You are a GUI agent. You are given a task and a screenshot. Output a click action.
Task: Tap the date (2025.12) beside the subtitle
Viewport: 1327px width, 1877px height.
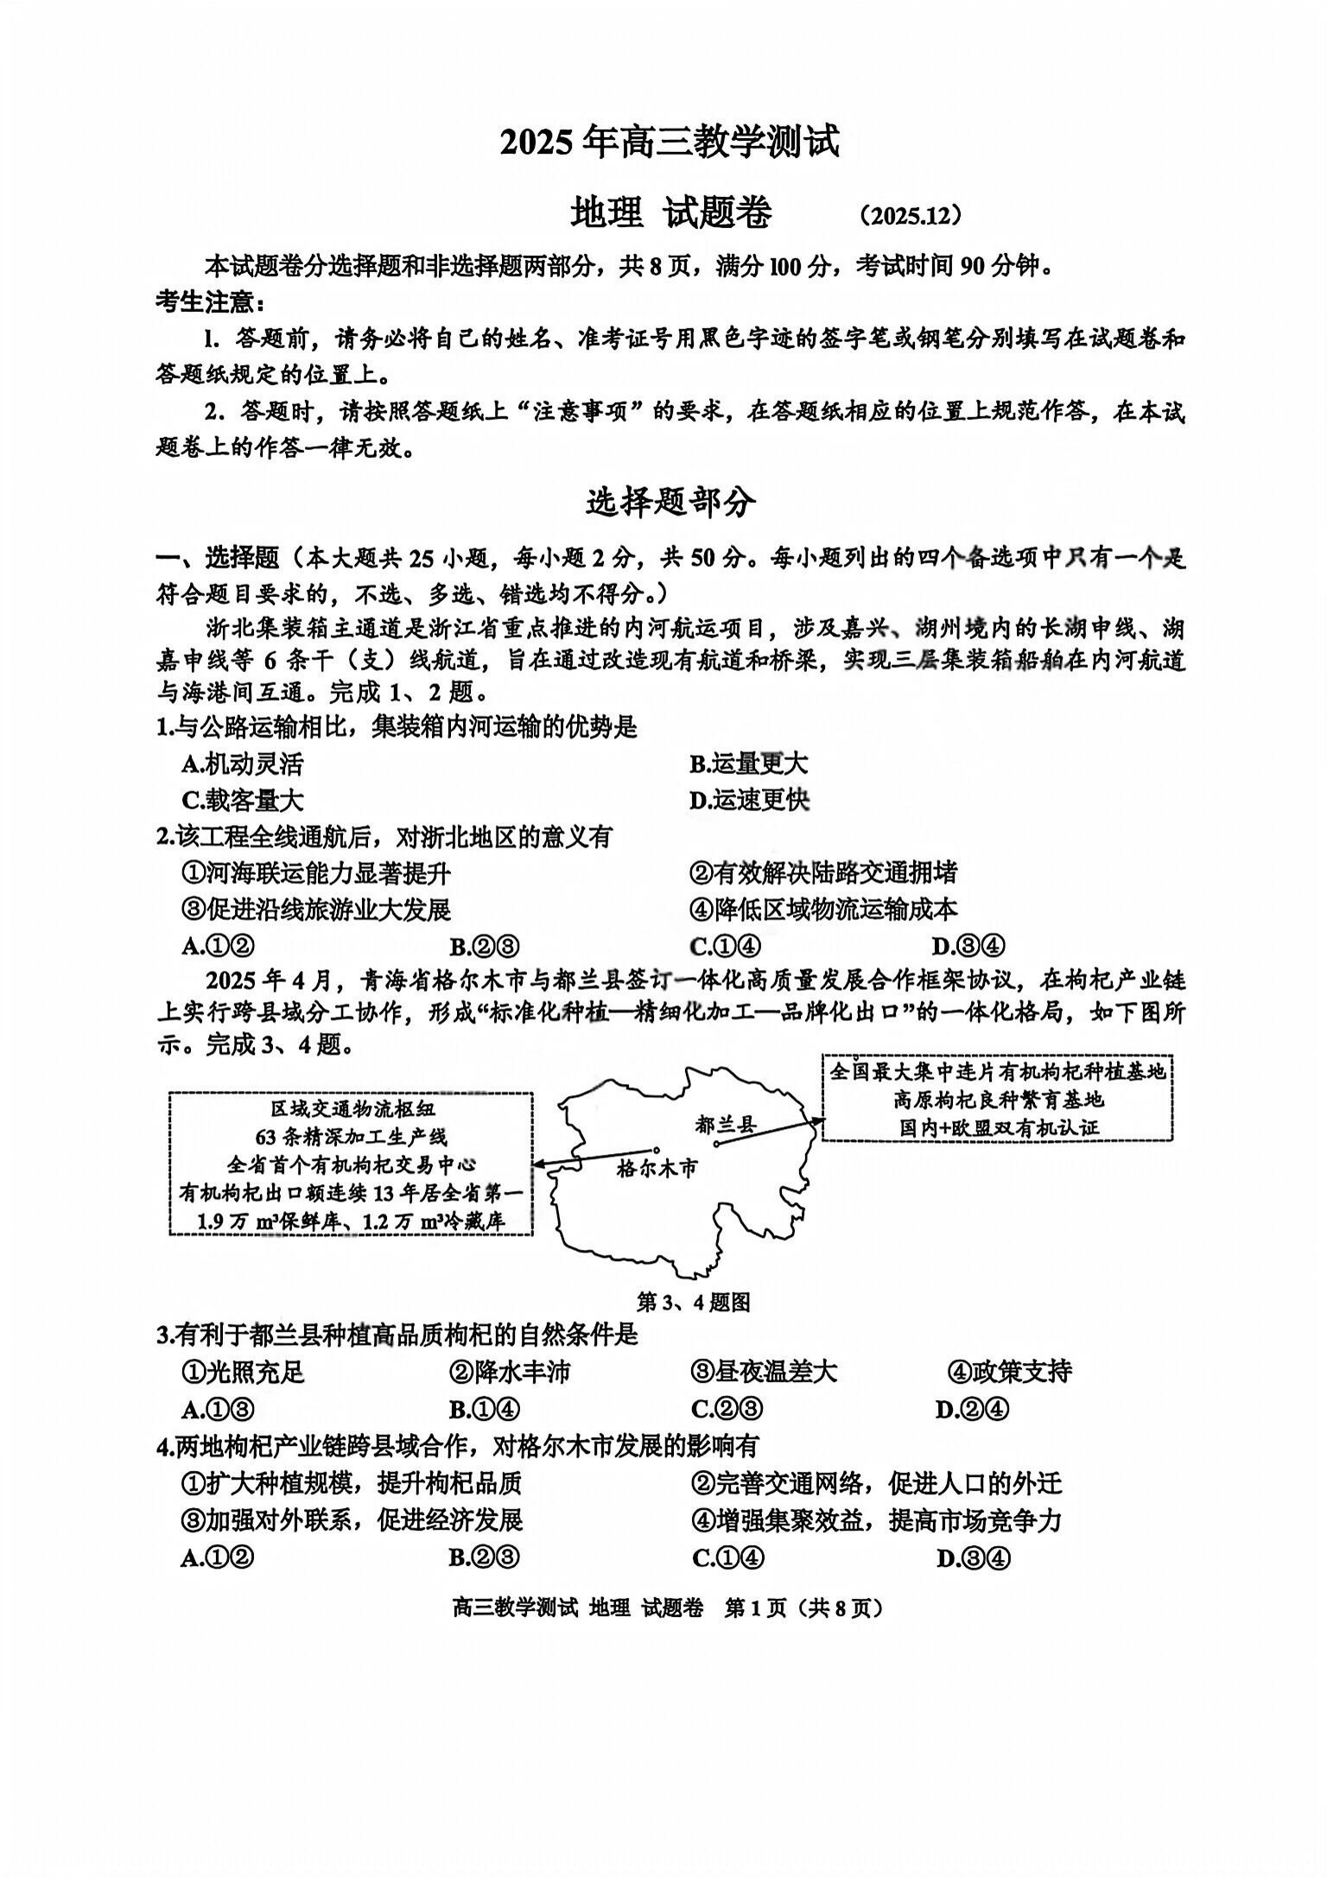[x=911, y=216]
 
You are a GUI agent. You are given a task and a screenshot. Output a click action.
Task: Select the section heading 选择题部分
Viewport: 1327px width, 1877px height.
[x=670, y=502]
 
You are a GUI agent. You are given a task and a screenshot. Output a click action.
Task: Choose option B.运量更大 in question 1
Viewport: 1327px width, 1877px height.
[x=748, y=764]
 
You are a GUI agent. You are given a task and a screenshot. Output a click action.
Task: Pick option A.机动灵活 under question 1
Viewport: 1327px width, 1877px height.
[x=243, y=764]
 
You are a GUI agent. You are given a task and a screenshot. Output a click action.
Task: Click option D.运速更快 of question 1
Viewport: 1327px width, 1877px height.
[x=748, y=801]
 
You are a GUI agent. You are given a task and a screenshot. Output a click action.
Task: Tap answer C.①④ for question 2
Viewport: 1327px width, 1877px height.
[x=726, y=946]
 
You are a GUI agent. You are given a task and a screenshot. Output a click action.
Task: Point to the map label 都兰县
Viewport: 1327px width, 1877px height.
[x=725, y=1124]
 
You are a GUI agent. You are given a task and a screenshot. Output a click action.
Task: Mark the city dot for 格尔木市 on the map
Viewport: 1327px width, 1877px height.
[x=658, y=1150]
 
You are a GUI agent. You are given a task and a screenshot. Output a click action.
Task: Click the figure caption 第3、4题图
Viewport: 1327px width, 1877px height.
[x=693, y=1302]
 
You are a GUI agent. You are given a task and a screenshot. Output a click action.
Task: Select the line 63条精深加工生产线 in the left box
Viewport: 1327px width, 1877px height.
[x=351, y=1136]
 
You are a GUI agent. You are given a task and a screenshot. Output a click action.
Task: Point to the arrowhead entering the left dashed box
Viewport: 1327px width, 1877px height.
[x=538, y=1164]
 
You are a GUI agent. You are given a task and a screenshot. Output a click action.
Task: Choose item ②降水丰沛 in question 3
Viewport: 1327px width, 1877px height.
[x=510, y=1372]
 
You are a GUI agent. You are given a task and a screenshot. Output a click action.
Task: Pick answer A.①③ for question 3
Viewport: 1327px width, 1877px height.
[x=218, y=1410]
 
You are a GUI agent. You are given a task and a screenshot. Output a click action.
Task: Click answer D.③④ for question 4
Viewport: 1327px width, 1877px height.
[x=973, y=1557]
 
